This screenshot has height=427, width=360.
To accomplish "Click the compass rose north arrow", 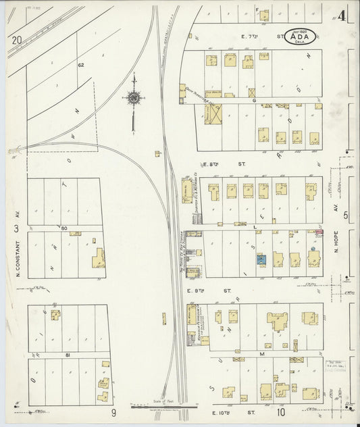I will [x=134, y=99].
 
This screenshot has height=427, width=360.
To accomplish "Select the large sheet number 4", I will [x=342, y=16].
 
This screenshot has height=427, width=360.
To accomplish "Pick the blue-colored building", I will [x=261, y=259].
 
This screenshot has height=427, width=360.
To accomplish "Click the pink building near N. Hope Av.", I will [x=318, y=232].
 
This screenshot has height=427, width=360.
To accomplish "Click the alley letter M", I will [x=260, y=353].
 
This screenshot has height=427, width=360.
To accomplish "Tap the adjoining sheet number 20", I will [x=16, y=40].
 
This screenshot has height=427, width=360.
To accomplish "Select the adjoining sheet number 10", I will [x=280, y=411].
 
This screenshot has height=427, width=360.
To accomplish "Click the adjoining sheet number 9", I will [x=114, y=411].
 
